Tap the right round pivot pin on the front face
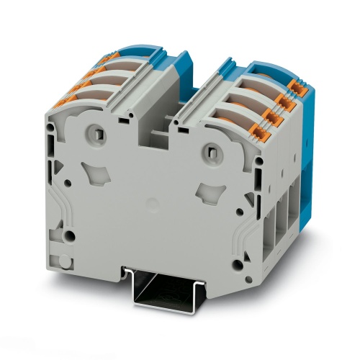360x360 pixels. [210, 150]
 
